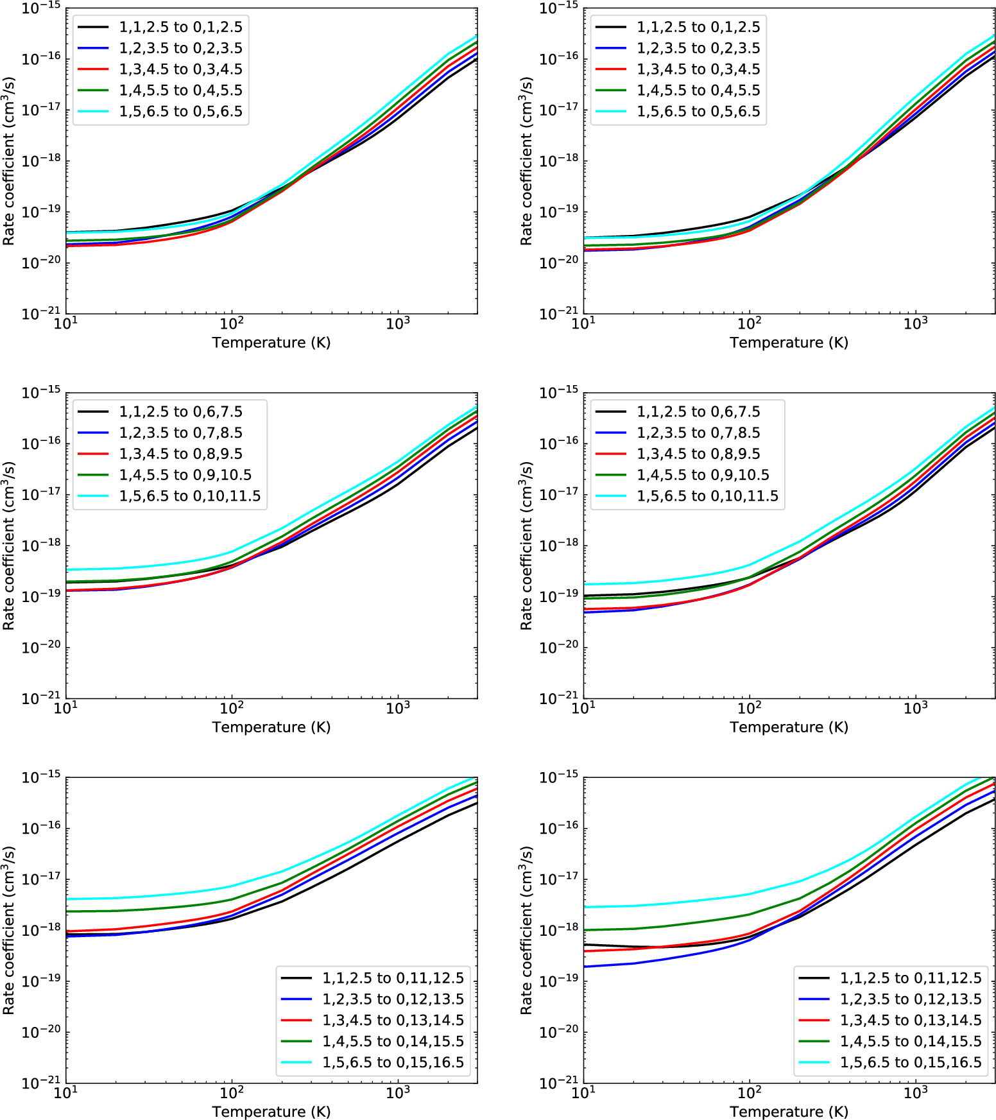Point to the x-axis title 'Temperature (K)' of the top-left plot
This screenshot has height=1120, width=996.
pos(271,343)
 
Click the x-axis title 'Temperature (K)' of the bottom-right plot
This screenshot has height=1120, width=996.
pos(789,1112)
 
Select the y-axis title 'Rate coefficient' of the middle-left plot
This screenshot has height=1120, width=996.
pos(8,546)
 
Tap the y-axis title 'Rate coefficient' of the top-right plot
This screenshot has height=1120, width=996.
pos(526,161)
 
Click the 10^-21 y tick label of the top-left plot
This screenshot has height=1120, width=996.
pos(41,314)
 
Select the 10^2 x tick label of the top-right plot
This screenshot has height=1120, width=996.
pos(750,323)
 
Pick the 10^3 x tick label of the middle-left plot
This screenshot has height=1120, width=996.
pos(398,708)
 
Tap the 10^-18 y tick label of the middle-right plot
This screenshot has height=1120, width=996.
pos(558,546)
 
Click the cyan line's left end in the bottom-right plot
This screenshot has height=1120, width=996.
pos(585,908)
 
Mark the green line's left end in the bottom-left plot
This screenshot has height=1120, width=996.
pos(67,911)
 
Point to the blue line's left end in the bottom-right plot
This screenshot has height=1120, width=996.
pos(585,967)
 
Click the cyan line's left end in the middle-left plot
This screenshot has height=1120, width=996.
pos(67,570)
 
